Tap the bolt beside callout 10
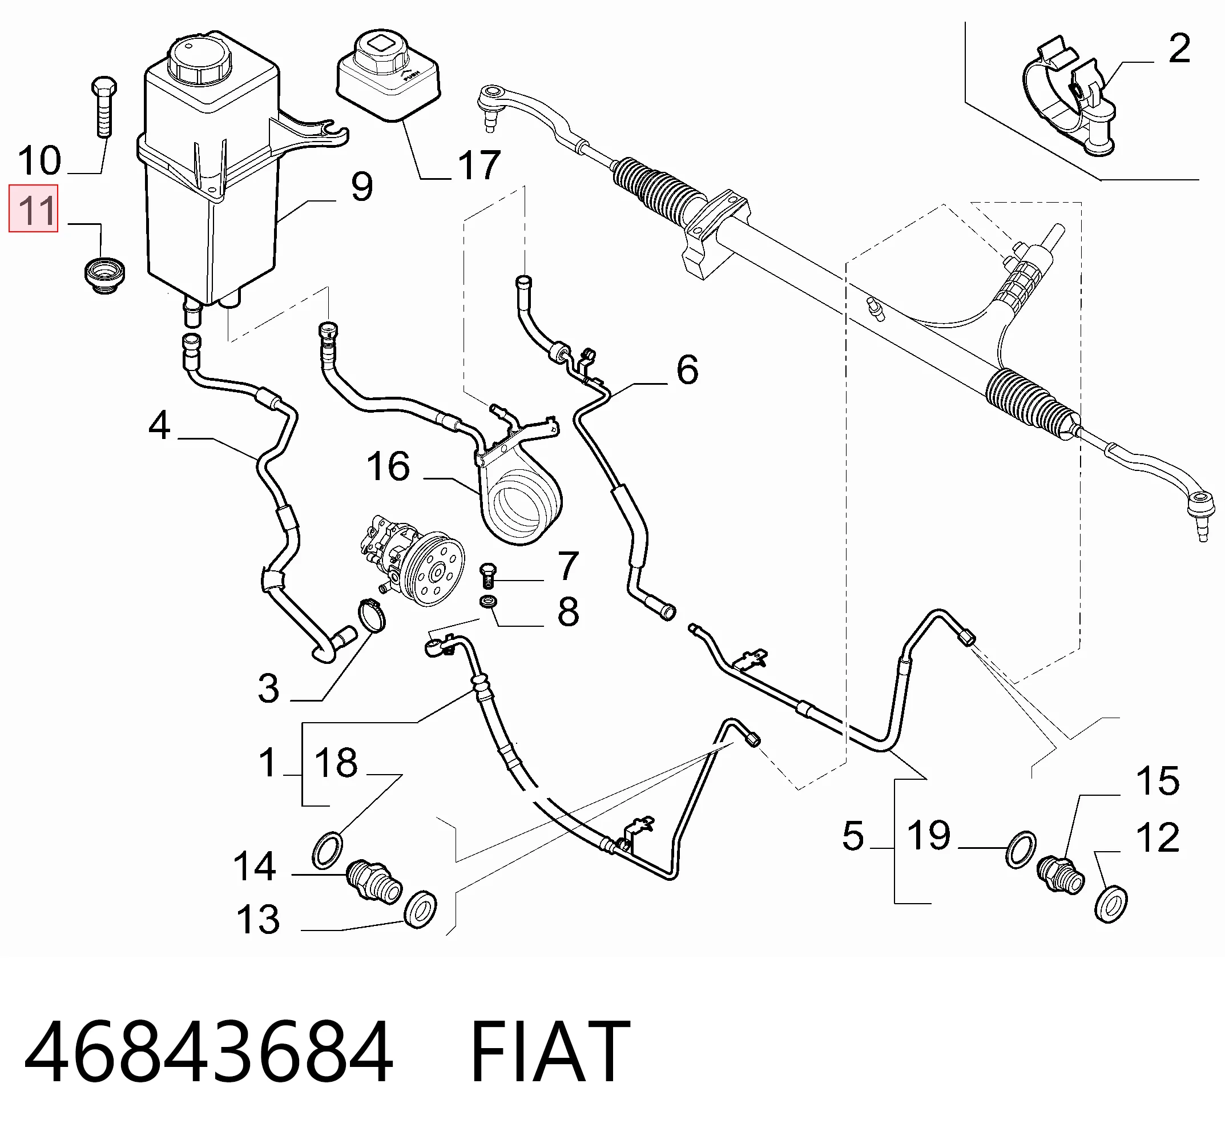click(x=103, y=107)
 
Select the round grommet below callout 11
click(x=104, y=276)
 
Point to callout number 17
click(x=479, y=165)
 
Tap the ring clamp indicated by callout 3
click(x=372, y=616)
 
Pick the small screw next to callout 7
click(x=487, y=575)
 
